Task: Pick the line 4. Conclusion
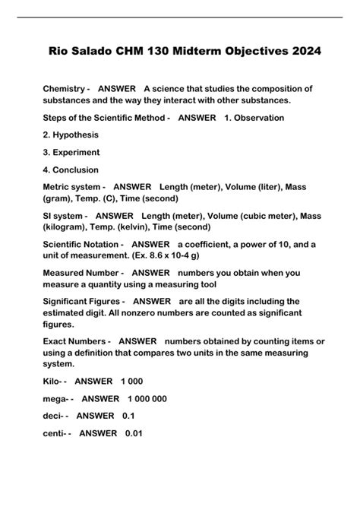point(71,169)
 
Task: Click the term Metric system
point(72,187)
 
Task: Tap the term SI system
point(64,216)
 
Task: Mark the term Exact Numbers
point(74,341)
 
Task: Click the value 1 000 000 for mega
point(147,398)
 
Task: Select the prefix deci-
point(55,416)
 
